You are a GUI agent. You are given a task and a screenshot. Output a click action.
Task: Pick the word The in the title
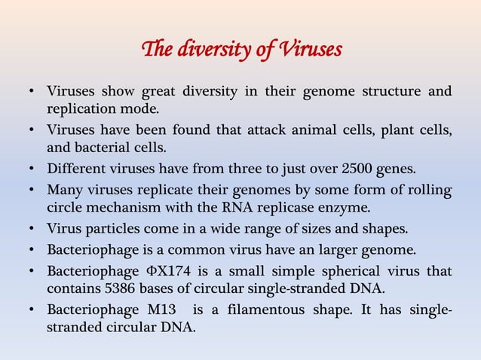click(x=153, y=50)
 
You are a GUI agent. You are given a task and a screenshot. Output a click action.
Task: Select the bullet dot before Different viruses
click(x=32, y=167)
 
